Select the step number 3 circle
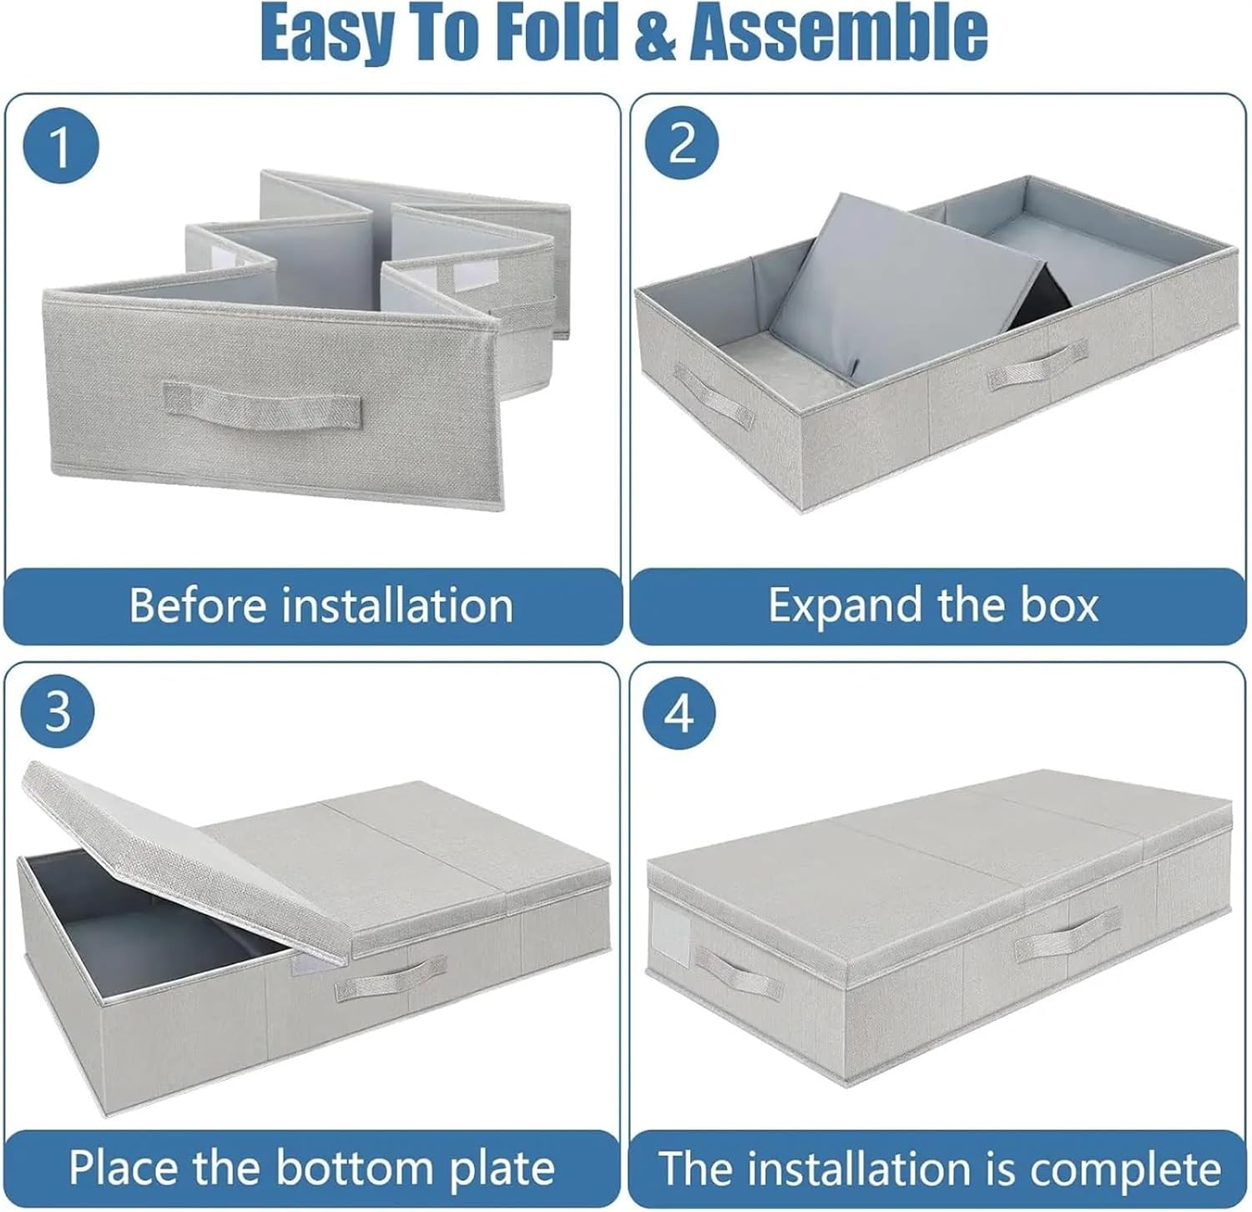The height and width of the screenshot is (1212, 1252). (58, 711)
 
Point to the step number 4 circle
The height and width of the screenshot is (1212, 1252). (681, 713)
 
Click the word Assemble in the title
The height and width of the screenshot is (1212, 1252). (839, 33)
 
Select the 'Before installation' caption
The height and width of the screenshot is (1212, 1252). (321, 605)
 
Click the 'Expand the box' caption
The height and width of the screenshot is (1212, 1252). (933, 605)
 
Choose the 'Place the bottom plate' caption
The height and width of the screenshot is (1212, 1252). (311, 1167)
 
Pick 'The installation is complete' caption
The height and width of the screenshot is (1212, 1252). (939, 1169)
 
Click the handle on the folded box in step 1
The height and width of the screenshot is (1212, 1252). (262, 406)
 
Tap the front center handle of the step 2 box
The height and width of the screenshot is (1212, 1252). (1037, 366)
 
